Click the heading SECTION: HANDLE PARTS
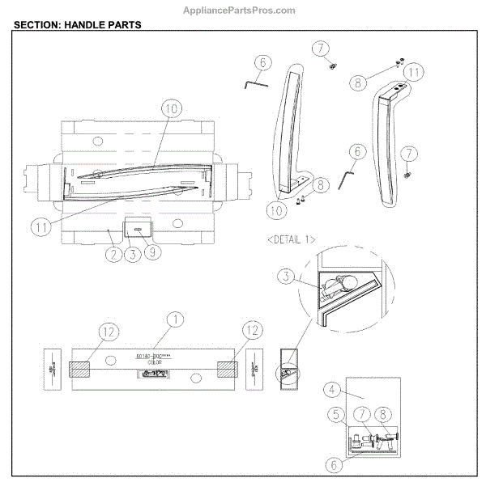coord(79,25)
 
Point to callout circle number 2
coord(113,254)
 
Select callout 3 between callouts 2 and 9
coord(132,254)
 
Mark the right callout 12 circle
coord(254,330)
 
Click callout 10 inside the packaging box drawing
coord(169,108)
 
